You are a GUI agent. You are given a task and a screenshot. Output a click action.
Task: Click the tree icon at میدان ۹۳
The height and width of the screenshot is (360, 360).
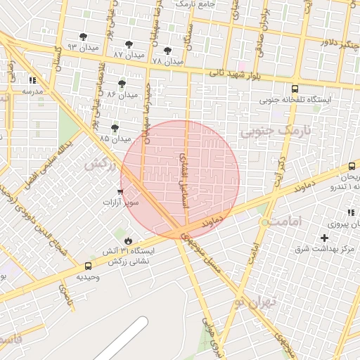click(x=84, y=37)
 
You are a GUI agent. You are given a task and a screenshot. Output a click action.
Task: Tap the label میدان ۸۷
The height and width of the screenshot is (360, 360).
click(x=128, y=54)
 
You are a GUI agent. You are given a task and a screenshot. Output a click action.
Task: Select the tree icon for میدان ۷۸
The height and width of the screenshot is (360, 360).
click(x=167, y=51)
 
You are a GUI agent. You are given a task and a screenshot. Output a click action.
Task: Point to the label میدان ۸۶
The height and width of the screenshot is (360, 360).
click(x=122, y=94)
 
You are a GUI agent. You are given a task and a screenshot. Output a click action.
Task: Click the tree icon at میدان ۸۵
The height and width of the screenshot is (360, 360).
click(x=115, y=128)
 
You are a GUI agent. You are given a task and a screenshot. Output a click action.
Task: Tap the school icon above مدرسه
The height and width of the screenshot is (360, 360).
click(x=32, y=80)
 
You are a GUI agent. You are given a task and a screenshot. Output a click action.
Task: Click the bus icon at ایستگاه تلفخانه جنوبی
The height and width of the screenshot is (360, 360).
click(x=295, y=89)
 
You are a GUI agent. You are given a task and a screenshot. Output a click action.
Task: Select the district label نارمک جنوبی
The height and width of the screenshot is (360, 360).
click(x=275, y=131)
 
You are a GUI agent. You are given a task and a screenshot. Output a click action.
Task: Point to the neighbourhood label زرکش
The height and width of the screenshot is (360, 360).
click(x=100, y=163)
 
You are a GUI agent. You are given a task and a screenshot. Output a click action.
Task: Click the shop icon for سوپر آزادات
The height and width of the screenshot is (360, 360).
click(x=120, y=192)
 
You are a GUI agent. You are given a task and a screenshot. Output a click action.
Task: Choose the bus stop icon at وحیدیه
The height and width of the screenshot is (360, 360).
click(x=88, y=266)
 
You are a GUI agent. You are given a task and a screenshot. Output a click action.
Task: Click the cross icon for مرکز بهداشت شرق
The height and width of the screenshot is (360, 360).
click(x=324, y=238)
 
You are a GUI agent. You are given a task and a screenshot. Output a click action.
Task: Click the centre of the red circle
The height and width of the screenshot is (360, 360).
click(x=180, y=179)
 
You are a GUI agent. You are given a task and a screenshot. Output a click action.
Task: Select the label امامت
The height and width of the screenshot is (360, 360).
click(x=284, y=221)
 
